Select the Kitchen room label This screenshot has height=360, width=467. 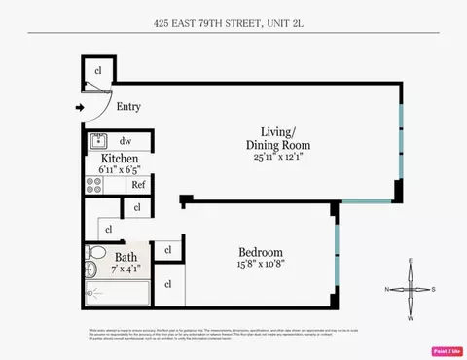[x=113, y=158]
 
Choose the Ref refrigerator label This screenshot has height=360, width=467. [x=138, y=184]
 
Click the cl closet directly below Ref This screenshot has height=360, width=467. [x=136, y=207]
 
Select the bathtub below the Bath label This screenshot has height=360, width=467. [x=115, y=295]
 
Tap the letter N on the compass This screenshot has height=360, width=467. [x=387, y=289]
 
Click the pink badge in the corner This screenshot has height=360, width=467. [x=447, y=349]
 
